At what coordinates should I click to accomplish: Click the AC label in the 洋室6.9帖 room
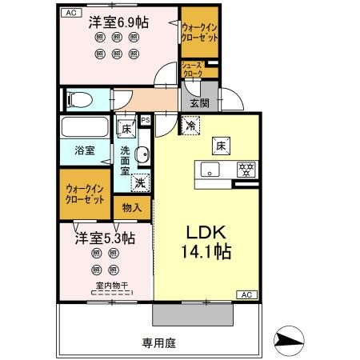[70, 13]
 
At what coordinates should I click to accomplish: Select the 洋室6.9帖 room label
[118, 22]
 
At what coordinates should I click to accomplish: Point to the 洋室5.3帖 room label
[106, 238]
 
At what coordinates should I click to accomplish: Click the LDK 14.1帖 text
[210, 241]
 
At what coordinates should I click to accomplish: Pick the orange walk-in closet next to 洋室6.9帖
[198, 33]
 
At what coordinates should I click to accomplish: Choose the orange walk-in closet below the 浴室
[84, 194]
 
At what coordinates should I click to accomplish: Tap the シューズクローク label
[192, 70]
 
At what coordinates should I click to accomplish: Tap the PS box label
[145, 121]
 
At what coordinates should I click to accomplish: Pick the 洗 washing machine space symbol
[139, 182]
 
